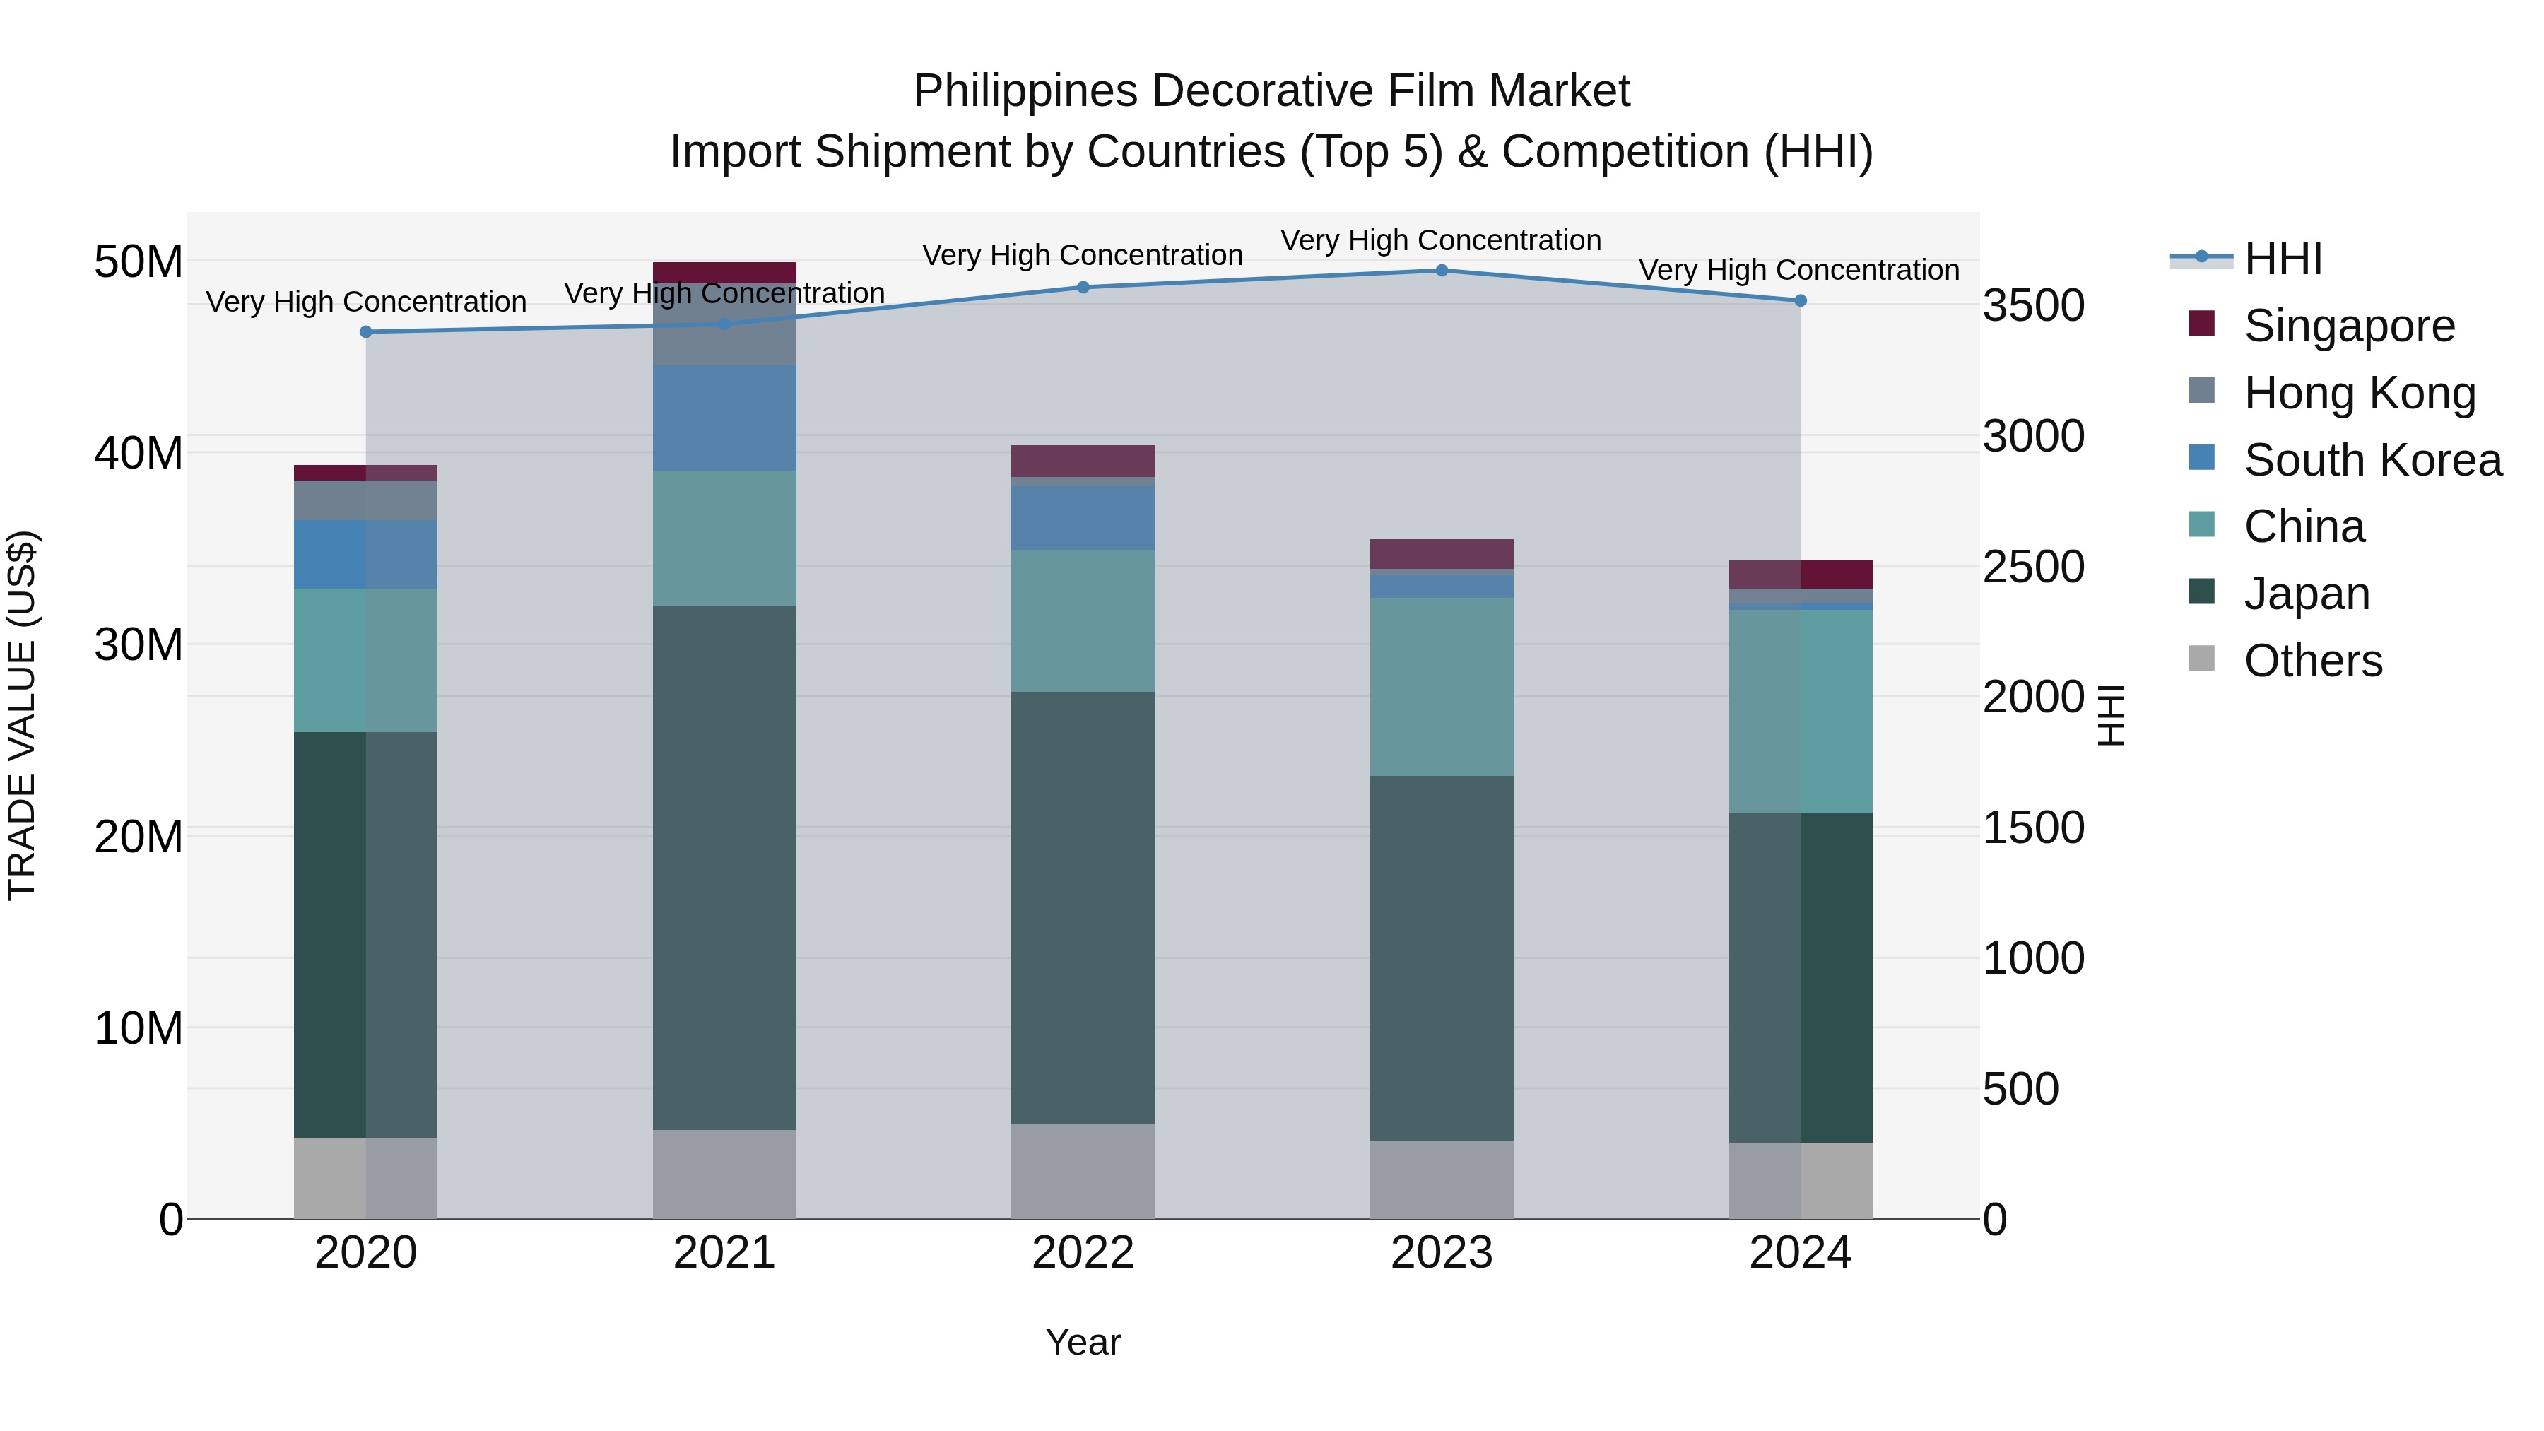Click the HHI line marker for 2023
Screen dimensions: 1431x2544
1441,271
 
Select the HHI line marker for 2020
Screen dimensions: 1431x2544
366,332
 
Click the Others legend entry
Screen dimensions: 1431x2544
2312,661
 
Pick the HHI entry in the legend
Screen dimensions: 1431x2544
2283,259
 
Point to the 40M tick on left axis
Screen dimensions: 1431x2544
139,453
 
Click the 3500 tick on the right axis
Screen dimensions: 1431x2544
2033,305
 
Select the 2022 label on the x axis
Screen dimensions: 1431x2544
1083,1253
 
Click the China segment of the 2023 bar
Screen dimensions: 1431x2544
1441,686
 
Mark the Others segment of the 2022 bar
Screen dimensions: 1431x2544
1083,1170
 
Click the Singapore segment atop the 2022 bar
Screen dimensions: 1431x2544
1083,461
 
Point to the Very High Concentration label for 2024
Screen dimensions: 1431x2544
1798,270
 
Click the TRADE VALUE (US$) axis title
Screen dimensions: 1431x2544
22,715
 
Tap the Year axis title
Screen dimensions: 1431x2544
1083,1342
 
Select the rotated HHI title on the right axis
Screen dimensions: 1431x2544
2109,715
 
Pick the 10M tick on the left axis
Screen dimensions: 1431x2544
139,1028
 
